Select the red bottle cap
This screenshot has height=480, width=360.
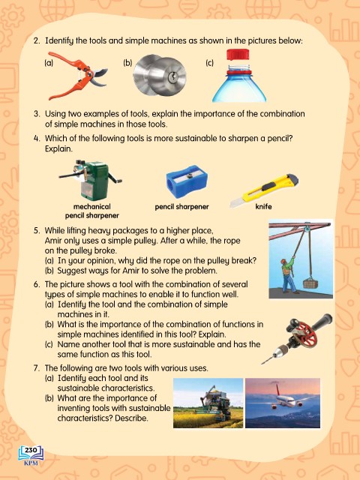click(238, 54)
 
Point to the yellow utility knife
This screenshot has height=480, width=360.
click(264, 190)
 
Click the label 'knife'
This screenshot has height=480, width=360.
click(263, 207)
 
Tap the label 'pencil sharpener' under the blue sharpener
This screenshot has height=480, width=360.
click(181, 207)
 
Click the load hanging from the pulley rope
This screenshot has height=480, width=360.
click(310, 283)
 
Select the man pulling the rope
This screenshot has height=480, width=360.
click(288, 274)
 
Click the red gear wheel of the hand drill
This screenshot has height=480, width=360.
click(301, 333)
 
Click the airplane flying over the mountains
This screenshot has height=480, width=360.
click(283, 398)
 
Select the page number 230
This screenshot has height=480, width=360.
click(31, 450)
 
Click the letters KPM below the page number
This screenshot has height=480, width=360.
click(31, 463)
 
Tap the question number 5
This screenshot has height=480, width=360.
click(37, 230)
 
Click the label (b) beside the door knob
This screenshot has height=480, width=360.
click(127, 63)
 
